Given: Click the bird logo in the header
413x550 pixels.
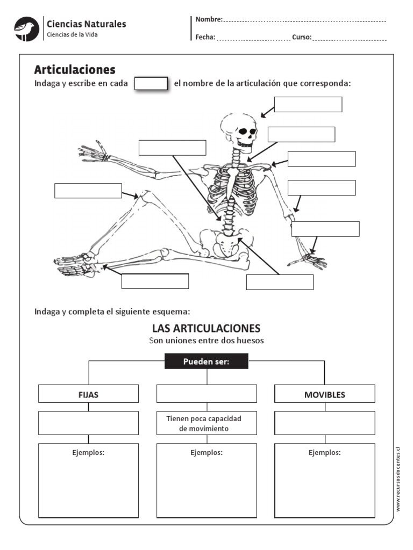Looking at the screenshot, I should coord(26,29).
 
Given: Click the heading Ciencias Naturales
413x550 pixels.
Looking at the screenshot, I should coord(87,24).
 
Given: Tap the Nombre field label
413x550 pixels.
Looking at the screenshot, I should coord(209,19).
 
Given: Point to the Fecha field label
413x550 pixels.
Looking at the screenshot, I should coord(205,37).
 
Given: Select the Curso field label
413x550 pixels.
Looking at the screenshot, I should coord(302,37).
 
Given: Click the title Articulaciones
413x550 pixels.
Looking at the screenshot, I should coord(75,69).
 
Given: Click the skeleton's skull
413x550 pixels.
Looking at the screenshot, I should coord(239,129).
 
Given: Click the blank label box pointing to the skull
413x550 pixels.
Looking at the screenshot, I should coord(308,104).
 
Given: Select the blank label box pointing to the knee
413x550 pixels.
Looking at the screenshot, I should coord(88,191).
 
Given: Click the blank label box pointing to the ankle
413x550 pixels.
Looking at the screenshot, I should coord(155,281).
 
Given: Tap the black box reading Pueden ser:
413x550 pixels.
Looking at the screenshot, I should coord(206,361).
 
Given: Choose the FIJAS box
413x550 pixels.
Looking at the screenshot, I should coord(88,394).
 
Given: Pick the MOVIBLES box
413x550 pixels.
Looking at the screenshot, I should coord(325,394).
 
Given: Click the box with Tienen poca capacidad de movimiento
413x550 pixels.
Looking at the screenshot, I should coord(206,423).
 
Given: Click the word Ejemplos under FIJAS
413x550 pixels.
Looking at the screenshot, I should coord(88,453).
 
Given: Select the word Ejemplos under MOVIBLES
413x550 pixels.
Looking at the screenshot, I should coord(325,453).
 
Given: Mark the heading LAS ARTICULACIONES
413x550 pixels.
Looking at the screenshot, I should coord(206,328).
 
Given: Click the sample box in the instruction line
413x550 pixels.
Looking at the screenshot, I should coord(151,84).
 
